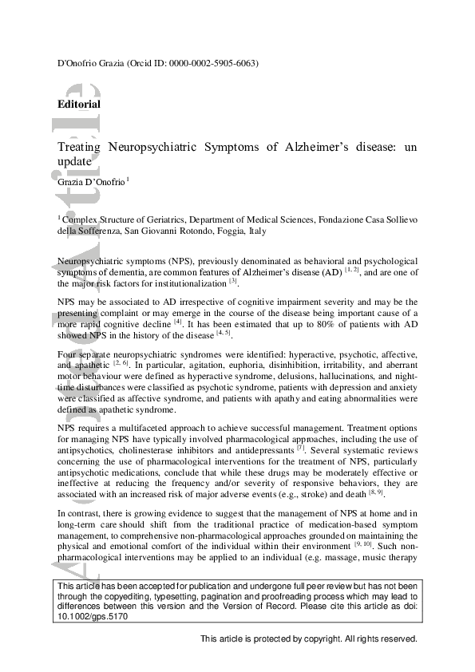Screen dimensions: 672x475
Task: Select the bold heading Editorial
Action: [x=79, y=105]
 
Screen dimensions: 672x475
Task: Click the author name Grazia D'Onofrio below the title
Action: [x=90, y=182]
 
